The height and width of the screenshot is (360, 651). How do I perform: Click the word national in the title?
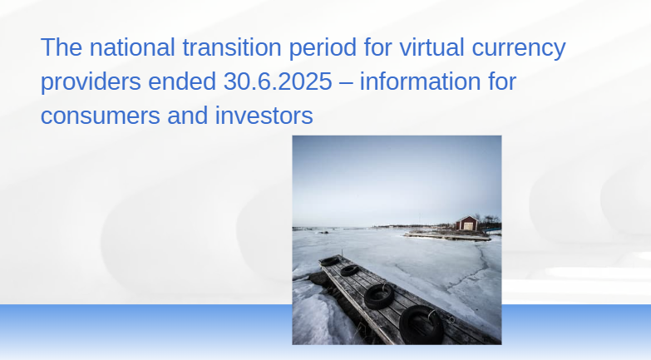(x=132, y=47)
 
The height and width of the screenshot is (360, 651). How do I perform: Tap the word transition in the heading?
(x=232, y=47)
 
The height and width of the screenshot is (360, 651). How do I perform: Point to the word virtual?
(x=432, y=47)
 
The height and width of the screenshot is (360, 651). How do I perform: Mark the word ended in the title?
(x=182, y=81)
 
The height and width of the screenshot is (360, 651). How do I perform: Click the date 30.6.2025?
(x=278, y=81)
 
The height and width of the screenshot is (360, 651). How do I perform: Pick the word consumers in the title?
(x=100, y=116)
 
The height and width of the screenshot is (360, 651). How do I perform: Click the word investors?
(x=264, y=115)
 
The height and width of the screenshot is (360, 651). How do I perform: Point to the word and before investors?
(x=188, y=115)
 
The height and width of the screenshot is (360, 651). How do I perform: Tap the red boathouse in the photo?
(x=466, y=223)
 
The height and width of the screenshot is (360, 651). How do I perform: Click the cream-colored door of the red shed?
(x=468, y=226)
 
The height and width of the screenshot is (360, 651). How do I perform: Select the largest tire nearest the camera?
(x=422, y=325)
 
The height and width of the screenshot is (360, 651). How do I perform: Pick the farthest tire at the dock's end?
(x=330, y=261)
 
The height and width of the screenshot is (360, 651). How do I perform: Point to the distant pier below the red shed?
(x=447, y=236)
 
